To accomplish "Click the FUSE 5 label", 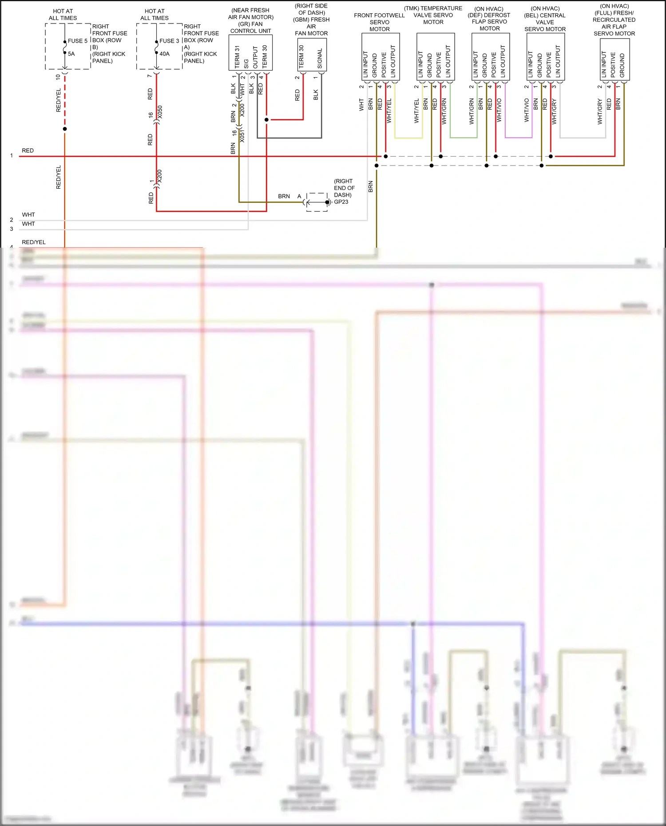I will click(78, 41).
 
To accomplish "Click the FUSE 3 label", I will click(169, 41).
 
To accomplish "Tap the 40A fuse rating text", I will click(164, 54).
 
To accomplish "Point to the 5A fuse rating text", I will click(71, 54).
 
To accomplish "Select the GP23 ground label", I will click(341, 202).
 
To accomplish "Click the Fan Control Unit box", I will click(250, 53).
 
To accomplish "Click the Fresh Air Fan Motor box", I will click(312, 55).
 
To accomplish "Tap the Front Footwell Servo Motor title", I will click(380, 22).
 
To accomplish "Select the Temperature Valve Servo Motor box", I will click(435, 56).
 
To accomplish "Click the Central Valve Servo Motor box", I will click(545, 56).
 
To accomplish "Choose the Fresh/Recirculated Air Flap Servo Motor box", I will click(614, 59).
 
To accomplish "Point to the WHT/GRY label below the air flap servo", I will click(600, 112).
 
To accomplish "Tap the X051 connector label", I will click(242, 136).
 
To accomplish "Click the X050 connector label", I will click(160, 112).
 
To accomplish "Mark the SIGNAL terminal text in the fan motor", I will click(320, 58).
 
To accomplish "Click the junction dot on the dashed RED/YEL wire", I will click(65, 129).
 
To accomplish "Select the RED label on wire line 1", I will click(28, 150).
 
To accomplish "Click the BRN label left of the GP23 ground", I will click(284, 196).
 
